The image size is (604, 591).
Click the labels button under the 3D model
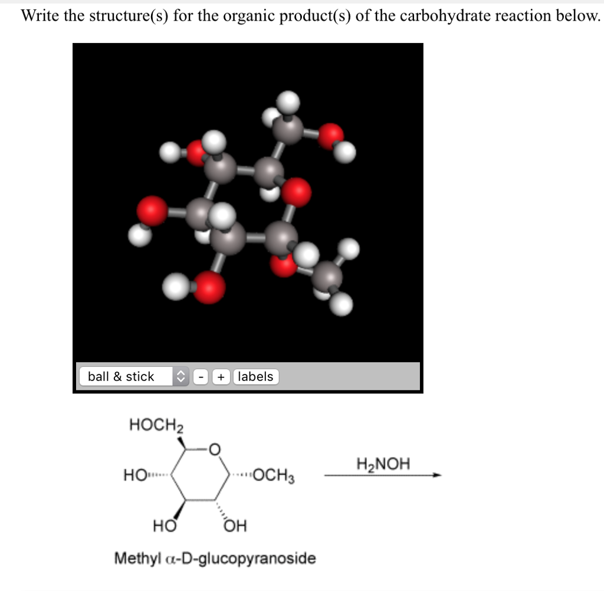255,376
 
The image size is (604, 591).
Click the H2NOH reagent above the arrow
383,463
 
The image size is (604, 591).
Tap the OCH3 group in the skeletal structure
275,476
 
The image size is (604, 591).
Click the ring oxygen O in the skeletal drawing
215,451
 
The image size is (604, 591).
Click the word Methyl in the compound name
135,557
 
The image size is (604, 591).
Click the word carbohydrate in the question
445,16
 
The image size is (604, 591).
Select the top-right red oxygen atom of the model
331,136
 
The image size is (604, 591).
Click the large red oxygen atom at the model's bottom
209,287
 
